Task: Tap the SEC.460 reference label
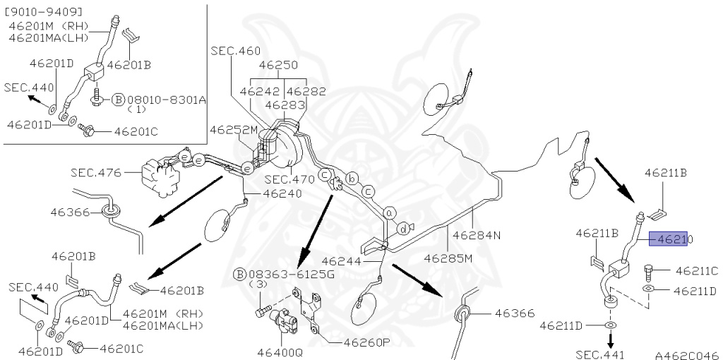(235, 51)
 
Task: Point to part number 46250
(277, 64)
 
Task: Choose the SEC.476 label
(96, 172)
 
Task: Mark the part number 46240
(282, 193)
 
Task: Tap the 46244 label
(343, 260)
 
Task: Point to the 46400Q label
(279, 352)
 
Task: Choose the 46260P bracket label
(366, 343)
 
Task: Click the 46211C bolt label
(696, 270)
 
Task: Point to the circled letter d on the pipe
(402, 229)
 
